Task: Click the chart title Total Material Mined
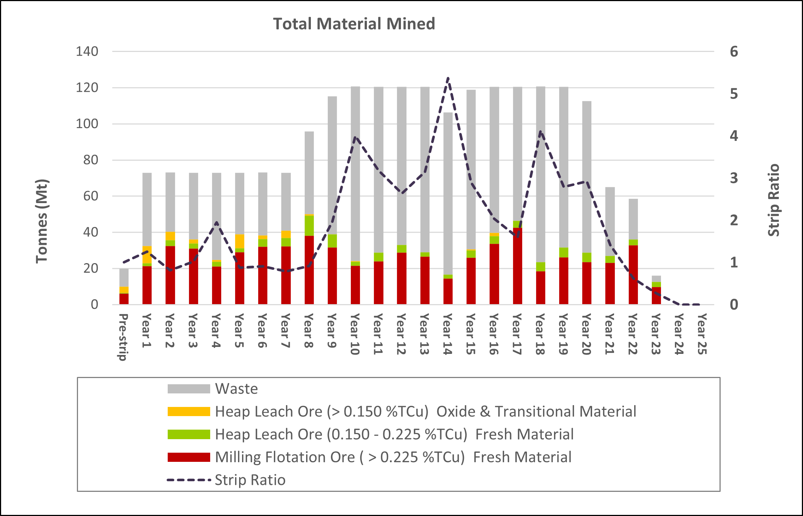[354, 24]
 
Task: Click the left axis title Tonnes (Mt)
[42, 221]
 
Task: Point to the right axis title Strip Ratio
[773, 200]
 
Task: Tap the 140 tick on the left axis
[87, 52]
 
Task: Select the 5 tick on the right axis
[734, 94]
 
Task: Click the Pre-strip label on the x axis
[123, 337]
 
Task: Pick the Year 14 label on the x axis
[447, 334]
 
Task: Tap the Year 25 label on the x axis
[702, 334]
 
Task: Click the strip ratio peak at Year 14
[448, 78]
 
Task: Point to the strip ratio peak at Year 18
[540, 132]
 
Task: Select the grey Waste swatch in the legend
[189, 389]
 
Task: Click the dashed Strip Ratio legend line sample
[189, 480]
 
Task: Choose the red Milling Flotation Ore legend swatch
[189, 457]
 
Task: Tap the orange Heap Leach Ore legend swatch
[189, 411]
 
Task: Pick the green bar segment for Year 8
[309, 226]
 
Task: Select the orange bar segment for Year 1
[147, 254]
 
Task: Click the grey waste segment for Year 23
[656, 279]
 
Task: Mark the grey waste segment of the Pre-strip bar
[124, 277]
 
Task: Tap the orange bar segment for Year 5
[239, 241]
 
